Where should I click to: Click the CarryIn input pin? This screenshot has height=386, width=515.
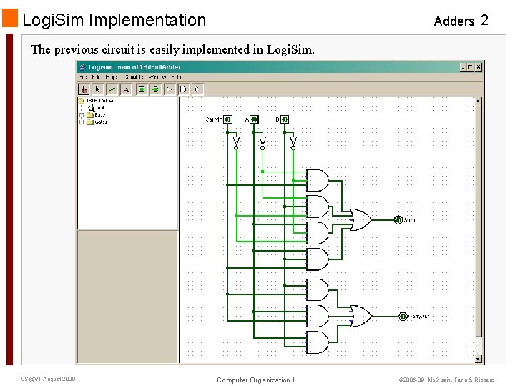[x=227, y=119]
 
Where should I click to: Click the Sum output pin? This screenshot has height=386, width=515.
[x=398, y=220]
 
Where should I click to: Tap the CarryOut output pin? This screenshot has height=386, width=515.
[x=402, y=315]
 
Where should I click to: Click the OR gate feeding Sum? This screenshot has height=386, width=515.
[x=358, y=220]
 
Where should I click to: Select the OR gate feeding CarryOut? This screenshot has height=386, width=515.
[x=358, y=315]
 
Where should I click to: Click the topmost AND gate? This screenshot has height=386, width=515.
[x=317, y=179]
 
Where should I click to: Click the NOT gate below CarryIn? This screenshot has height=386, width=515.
[x=235, y=143]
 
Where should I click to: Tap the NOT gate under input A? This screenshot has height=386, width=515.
[x=263, y=143]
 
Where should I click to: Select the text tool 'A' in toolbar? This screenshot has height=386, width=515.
[x=126, y=89]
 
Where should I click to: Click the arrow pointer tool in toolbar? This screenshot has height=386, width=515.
[x=98, y=89]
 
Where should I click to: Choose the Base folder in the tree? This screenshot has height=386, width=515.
[x=99, y=115]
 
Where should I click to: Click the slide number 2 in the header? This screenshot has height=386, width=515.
[x=484, y=20]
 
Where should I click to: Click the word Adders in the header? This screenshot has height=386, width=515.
[x=453, y=21]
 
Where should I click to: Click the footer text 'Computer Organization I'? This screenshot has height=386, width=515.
[x=255, y=380]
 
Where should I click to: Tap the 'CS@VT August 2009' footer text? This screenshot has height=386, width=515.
[x=49, y=379]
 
